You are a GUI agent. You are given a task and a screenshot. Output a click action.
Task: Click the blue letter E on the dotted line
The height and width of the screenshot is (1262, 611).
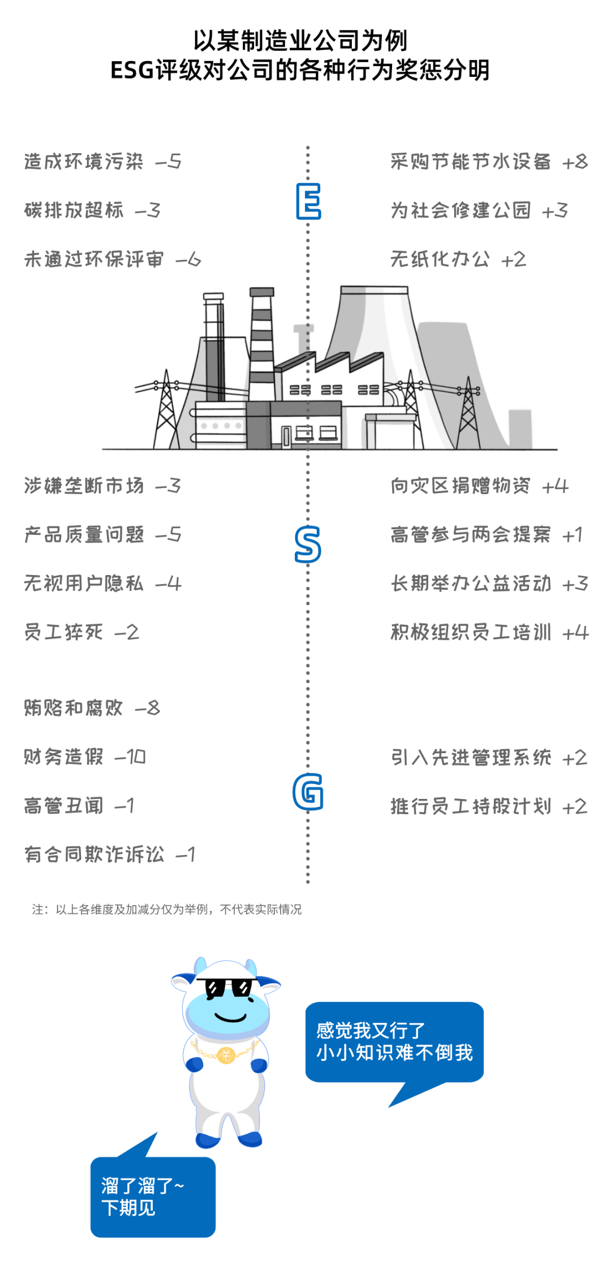[x=308, y=201]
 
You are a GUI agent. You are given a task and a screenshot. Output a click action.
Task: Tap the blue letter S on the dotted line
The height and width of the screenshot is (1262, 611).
[x=308, y=544]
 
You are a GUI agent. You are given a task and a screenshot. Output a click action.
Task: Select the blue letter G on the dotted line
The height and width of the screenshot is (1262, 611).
[x=308, y=791]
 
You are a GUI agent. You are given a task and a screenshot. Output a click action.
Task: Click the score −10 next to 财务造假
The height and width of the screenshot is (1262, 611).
[x=130, y=757]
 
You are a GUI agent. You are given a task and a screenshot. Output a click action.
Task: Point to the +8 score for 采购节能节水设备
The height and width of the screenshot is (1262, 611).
[x=575, y=162]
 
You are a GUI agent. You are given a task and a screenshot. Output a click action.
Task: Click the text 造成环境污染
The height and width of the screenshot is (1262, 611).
[x=84, y=162]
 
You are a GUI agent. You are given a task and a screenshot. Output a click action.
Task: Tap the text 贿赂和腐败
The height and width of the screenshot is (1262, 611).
[x=74, y=708]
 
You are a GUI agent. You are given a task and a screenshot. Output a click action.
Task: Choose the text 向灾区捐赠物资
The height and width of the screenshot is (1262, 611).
[x=461, y=486]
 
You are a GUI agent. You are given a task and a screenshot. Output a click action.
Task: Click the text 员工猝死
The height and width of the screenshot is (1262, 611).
[x=63, y=632]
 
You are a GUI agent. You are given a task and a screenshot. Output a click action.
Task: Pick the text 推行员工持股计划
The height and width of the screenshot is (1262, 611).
[x=471, y=806]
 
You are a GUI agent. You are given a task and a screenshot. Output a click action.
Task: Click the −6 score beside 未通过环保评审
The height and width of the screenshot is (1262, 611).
[x=188, y=260]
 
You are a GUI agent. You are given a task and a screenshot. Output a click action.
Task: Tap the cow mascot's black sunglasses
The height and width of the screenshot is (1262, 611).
[x=229, y=987]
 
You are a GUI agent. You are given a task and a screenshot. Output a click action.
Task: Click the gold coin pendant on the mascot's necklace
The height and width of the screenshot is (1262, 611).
[x=226, y=1055]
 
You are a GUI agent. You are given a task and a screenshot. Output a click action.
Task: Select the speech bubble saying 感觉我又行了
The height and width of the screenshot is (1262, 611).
[x=394, y=1041]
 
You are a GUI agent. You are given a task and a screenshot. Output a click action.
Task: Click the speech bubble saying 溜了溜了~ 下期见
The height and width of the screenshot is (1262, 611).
[x=153, y=1196]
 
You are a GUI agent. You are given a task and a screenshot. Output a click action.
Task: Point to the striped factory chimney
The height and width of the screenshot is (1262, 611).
[x=261, y=345]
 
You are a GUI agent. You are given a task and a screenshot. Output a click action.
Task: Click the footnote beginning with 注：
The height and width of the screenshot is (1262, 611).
[x=167, y=909]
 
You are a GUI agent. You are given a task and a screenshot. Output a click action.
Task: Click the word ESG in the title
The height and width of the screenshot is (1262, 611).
[x=132, y=71]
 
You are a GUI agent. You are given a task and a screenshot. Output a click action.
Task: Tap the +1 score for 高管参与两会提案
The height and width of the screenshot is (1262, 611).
[x=573, y=535]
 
